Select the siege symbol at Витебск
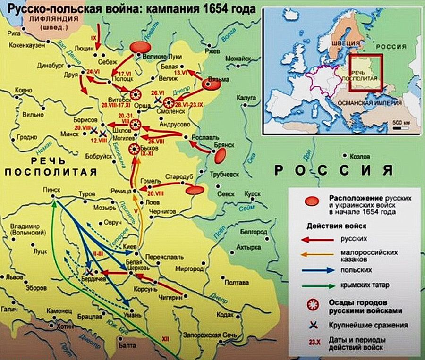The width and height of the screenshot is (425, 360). [x=135, y=93]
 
